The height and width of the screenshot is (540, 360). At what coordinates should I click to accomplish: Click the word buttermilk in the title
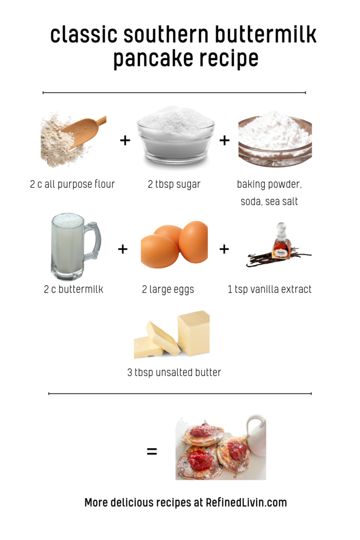tap(265, 34)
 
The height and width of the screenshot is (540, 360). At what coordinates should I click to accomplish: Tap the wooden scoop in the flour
tap(84, 130)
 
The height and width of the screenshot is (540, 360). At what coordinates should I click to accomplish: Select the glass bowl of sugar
tap(175, 136)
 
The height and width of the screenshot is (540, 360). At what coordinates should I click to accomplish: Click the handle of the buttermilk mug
tap(93, 240)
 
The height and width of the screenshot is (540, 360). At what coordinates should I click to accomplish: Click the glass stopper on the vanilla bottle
tap(281, 229)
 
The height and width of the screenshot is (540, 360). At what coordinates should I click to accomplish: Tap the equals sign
tap(152, 451)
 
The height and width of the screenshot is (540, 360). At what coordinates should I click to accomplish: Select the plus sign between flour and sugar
tap(125, 140)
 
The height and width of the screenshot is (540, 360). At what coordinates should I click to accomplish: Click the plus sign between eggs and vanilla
tap(224, 249)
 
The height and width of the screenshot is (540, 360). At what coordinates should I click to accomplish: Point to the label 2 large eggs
tap(168, 290)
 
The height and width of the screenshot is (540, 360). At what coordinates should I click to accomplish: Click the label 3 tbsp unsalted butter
tap(174, 372)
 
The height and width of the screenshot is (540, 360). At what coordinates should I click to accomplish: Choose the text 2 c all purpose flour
tap(72, 184)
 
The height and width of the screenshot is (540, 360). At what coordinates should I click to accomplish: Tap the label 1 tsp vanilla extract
tap(269, 290)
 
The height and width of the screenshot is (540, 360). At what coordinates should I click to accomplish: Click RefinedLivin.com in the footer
tap(246, 503)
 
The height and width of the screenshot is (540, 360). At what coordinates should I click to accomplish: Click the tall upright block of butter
tap(193, 333)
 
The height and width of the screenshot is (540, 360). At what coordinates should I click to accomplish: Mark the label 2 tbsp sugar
tap(174, 184)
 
